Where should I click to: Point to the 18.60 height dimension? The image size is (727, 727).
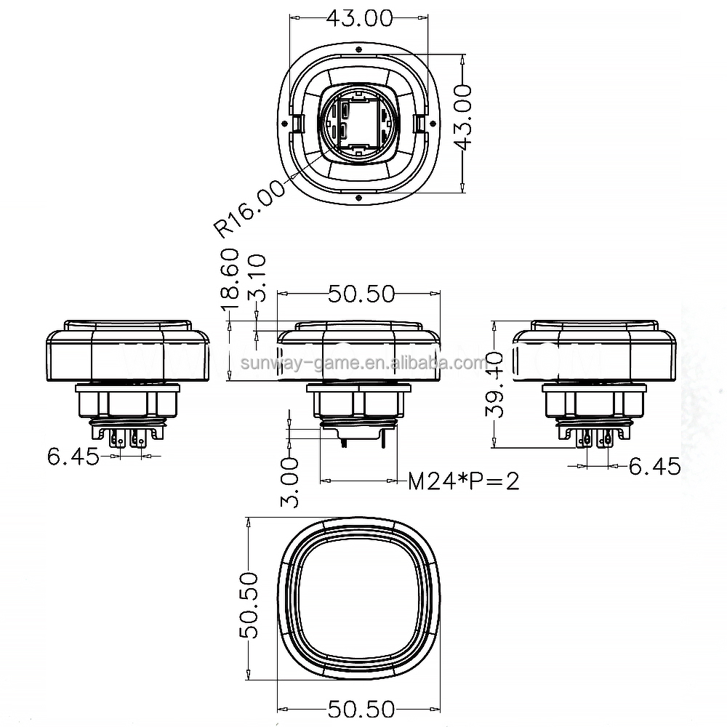[229, 275]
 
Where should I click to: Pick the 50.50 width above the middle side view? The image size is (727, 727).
[361, 294]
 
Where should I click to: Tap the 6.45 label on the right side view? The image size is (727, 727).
[654, 466]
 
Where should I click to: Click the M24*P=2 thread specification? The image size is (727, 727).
[464, 481]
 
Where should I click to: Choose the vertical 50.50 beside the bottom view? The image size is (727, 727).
[249, 605]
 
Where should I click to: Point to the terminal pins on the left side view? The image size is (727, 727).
[126, 439]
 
